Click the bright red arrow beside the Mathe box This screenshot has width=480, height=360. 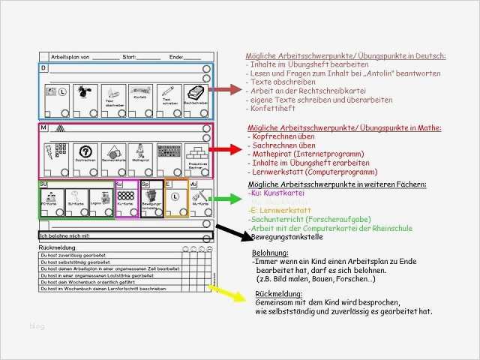(226, 151)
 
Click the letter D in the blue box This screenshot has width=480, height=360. (43, 68)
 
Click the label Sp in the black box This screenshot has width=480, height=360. (145, 183)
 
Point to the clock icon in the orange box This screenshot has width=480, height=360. (174, 198)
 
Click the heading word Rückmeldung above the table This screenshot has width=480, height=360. (57, 246)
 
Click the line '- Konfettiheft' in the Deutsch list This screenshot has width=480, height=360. (271, 109)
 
